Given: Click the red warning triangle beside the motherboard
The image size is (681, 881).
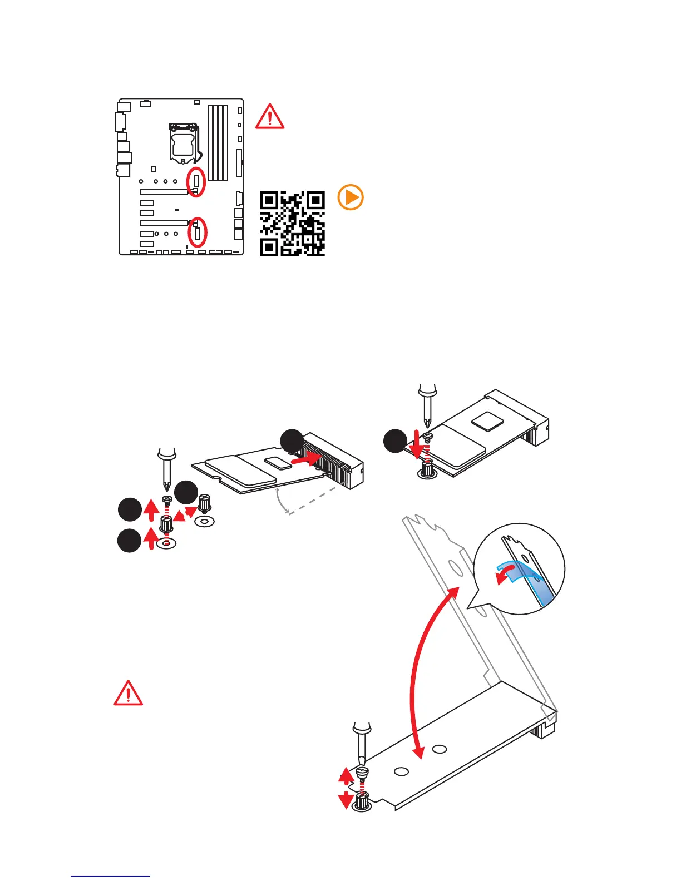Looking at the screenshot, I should [270, 117].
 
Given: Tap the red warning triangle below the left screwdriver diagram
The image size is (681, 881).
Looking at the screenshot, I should [128, 693].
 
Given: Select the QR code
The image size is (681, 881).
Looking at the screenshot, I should [293, 224].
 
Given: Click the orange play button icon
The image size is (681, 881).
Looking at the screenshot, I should [351, 198].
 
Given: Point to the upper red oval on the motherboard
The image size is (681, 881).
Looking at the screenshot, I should [196, 181].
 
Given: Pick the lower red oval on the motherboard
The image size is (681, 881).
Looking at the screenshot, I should [197, 232].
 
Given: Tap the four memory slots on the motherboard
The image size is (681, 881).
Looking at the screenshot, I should [218, 143].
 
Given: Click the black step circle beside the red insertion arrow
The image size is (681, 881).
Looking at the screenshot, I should [291, 441].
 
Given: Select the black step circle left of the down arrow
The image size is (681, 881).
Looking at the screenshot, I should [395, 441].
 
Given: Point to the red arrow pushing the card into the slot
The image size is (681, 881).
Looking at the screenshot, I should [306, 459].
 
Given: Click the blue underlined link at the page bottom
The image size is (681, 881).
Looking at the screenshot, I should [110, 876].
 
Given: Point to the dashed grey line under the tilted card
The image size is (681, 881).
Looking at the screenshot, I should [312, 501].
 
